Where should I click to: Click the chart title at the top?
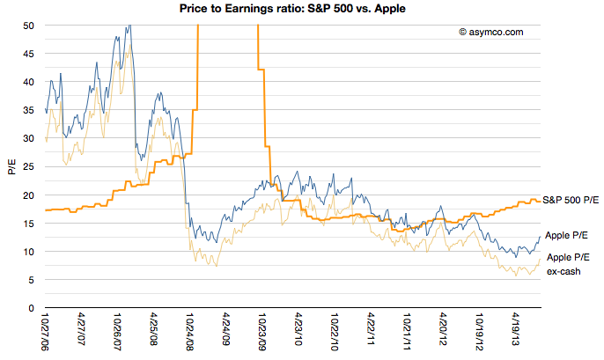click(292, 9)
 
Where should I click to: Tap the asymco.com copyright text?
click(491, 32)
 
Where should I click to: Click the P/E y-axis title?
click(12, 166)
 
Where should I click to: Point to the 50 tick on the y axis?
click(29, 26)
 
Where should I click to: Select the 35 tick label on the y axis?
click(29, 110)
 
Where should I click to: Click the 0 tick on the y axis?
click(31, 308)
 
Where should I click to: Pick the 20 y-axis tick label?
click(29, 195)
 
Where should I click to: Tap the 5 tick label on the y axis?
click(31, 280)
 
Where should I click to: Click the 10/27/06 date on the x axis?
click(46, 332)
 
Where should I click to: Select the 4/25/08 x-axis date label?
click(154, 329)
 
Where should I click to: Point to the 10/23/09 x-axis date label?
click(262, 332)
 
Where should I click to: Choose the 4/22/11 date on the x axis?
click(372, 329)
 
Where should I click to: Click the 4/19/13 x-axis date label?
click(516, 329)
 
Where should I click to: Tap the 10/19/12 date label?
click(480, 332)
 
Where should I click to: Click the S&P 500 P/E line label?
click(571, 200)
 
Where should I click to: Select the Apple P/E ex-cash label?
click(568, 264)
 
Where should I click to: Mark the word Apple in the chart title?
click(390, 9)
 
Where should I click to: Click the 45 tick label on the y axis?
click(29, 54)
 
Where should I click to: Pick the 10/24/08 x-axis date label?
click(190, 332)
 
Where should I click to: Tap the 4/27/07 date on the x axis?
click(82, 329)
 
